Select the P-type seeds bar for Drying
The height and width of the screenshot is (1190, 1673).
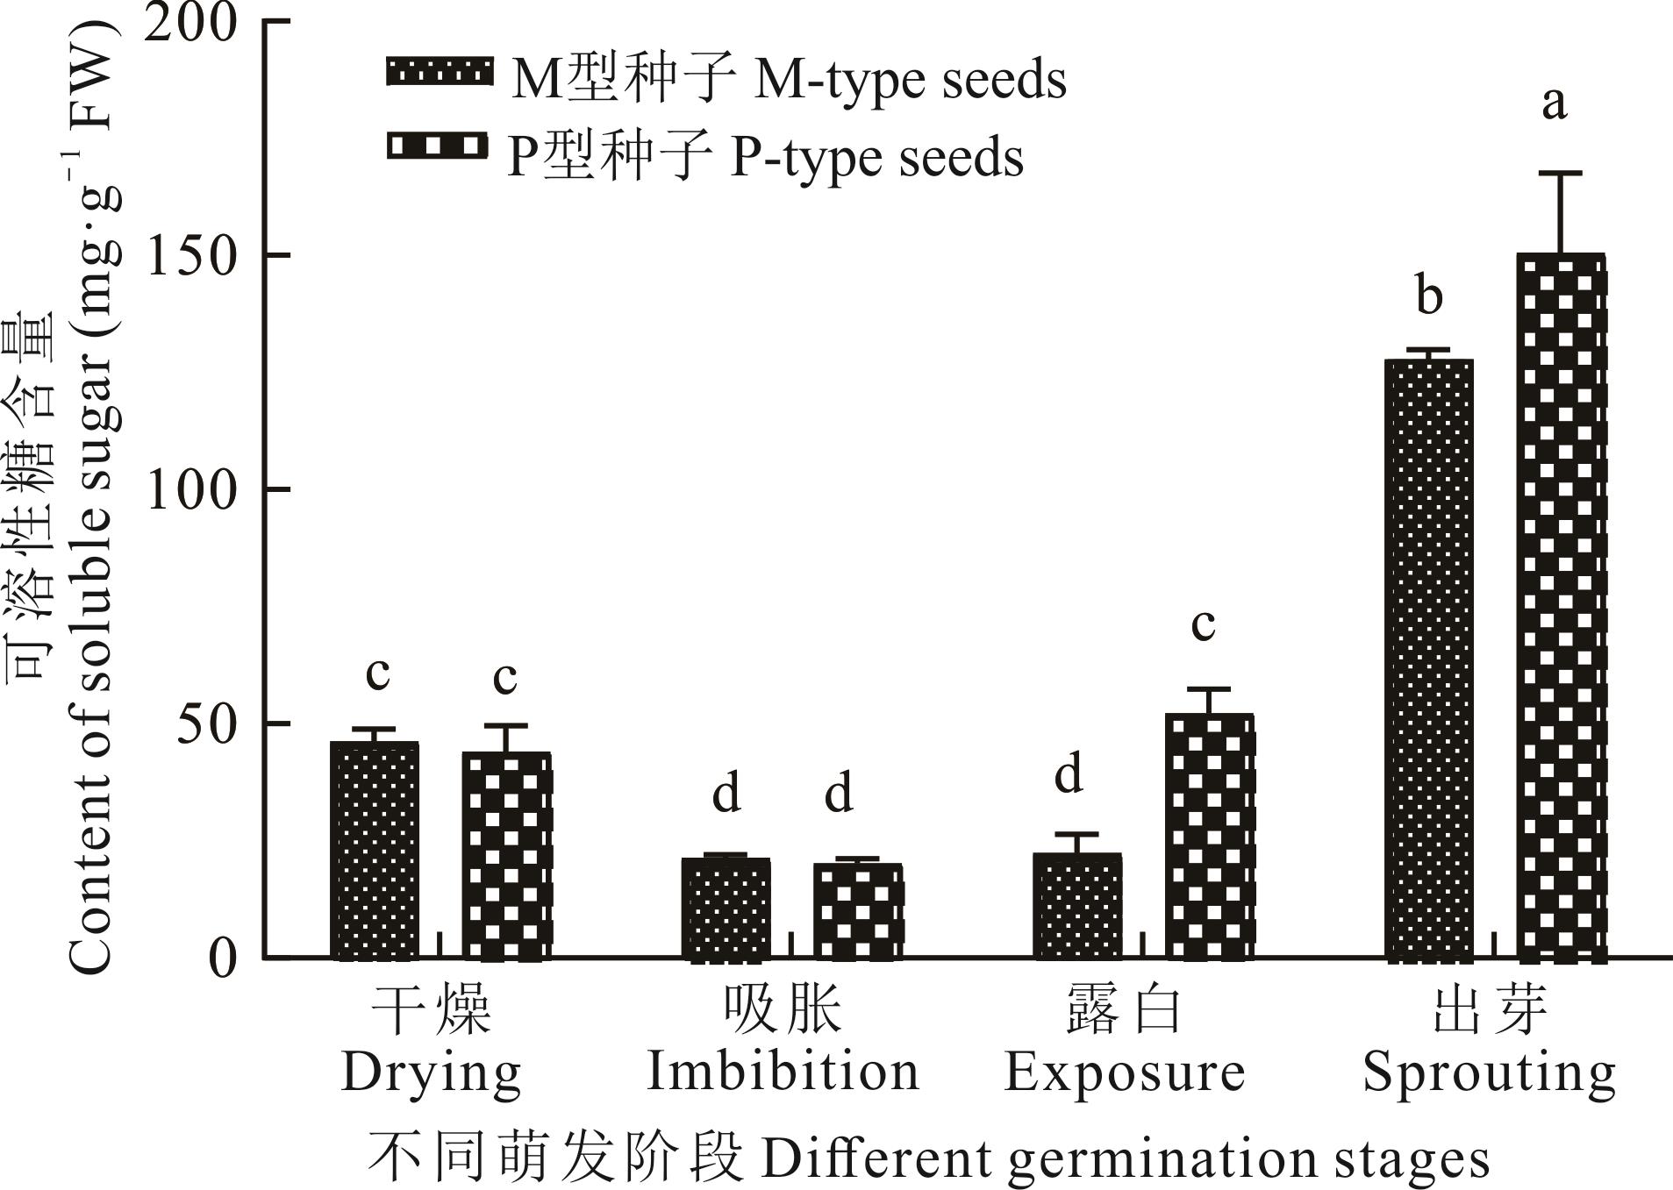[x=506, y=855]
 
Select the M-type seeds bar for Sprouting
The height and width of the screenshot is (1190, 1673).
[x=1429, y=658]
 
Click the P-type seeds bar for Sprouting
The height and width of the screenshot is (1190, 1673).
[x=1561, y=605]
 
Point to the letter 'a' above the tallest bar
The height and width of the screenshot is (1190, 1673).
[x=1554, y=103]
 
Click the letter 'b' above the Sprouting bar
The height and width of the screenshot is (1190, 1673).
[x=1429, y=296]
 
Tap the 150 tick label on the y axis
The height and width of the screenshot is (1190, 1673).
[x=192, y=255]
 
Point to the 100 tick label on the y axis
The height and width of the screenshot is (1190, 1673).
[x=192, y=489]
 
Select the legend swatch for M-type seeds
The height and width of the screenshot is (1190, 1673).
[x=438, y=72]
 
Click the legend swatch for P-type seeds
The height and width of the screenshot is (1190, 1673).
[x=438, y=146]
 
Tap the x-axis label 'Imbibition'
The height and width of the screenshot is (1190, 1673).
[x=783, y=1072]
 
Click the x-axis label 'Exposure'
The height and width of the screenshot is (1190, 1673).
[x=1124, y=1072]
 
